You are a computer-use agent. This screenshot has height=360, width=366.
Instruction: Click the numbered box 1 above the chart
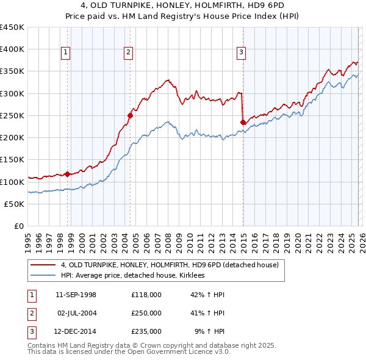coord(65,53)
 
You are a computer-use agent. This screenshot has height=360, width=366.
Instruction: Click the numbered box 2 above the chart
coord(129,53)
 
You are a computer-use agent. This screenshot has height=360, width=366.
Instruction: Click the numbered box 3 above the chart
coord(242,53)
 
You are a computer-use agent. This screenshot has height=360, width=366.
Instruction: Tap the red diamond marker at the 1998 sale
coord(67,174)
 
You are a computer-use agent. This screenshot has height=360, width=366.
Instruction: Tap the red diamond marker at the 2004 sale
coord(130,115)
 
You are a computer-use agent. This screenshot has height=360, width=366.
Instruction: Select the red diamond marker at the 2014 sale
coord(243,122)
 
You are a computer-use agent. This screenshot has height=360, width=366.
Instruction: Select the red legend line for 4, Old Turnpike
coord(43,265)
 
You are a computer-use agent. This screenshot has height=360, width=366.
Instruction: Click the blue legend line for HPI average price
coord(43,276)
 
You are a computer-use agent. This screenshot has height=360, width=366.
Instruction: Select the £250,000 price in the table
coord(146,313)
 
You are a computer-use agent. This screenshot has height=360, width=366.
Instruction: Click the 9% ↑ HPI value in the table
coord(209,331)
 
